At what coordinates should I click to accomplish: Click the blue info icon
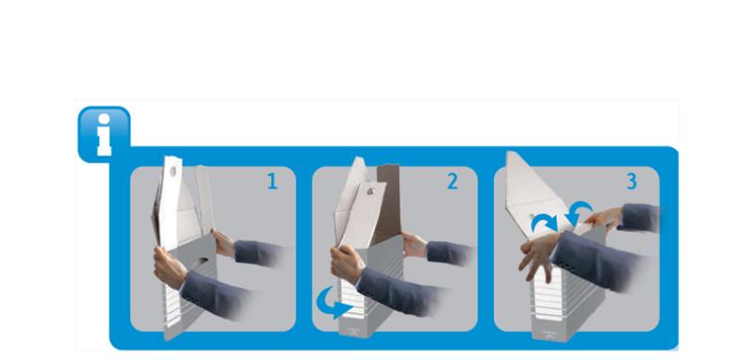[104, 134]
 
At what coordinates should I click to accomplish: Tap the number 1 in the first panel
[272, 182]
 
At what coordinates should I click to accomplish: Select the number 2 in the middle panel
[452, 182]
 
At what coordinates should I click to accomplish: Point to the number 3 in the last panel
[631, 182]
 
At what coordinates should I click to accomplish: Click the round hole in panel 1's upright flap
[172, 171]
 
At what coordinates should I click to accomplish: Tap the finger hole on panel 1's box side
[201, 261]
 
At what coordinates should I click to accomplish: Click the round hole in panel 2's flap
[369, 191]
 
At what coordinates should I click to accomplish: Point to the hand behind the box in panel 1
[223, 243]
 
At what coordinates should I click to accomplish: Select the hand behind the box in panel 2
[415, 245]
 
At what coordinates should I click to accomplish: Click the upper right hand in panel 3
[603, 219]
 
